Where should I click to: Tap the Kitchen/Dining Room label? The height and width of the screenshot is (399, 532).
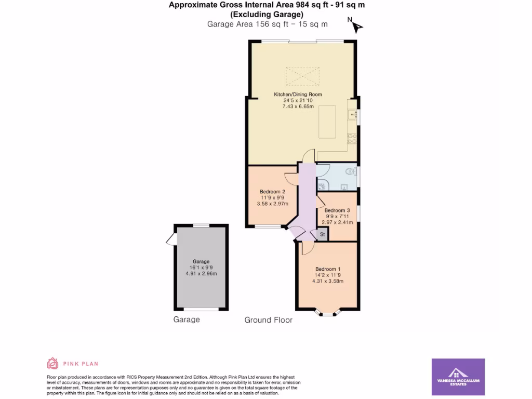coord(298,95)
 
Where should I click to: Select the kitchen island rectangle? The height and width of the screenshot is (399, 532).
coord(327,122)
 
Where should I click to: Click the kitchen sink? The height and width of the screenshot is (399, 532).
coord(352,114)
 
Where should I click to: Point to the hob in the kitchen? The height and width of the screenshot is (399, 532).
coord(352,138)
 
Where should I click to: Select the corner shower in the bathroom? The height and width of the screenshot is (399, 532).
coord(322,184)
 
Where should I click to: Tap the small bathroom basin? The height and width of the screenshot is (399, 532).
coord(344,188)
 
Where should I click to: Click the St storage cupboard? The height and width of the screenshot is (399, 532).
coord(322,235)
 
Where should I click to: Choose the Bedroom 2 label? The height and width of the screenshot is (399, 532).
coord(272,192)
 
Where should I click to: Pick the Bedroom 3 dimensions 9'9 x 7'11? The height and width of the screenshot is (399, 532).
coord(337,216)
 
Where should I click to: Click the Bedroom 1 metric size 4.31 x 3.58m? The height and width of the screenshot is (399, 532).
coord(327,281)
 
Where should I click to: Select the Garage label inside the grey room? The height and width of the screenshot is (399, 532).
coord(201,261)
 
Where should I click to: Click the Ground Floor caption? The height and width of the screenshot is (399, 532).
coord(268,320)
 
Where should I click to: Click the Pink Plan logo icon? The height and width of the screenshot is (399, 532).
coord(52,363)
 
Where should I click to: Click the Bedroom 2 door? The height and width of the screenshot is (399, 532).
coord(290,179)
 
